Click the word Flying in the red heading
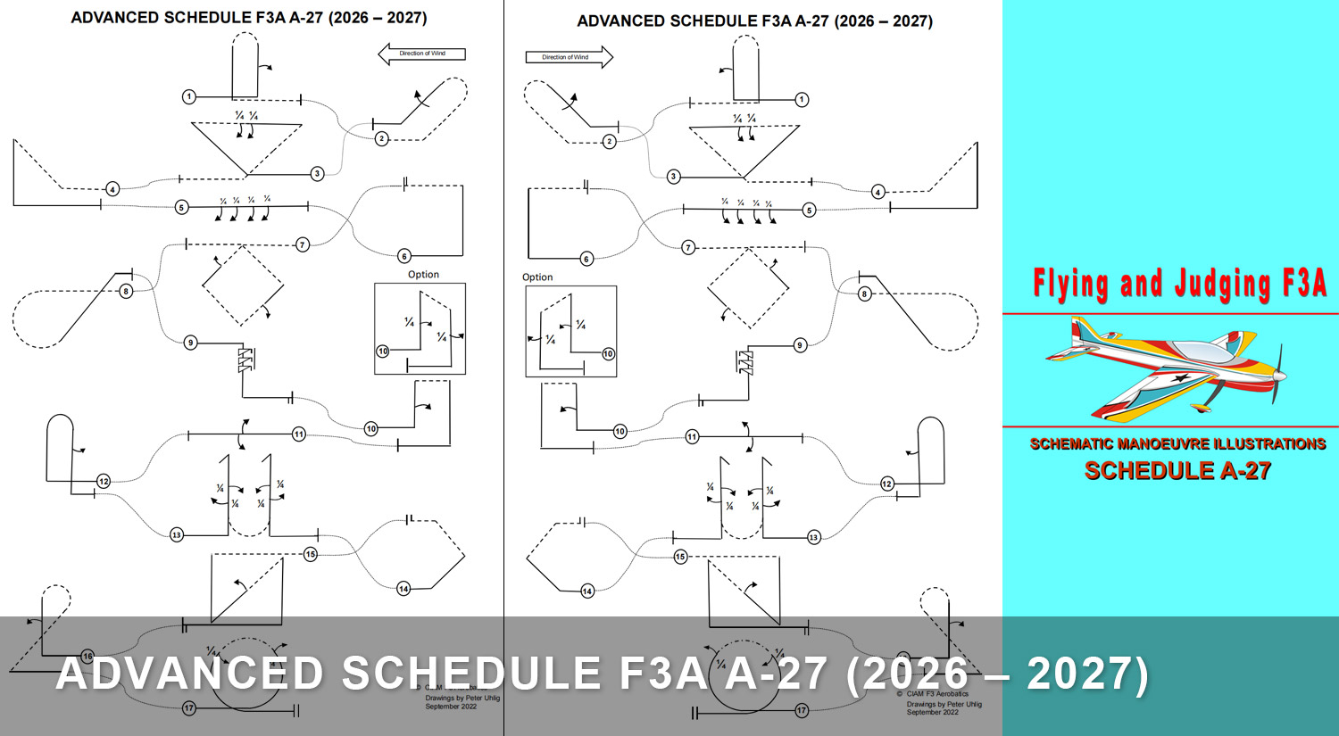[1071, 284]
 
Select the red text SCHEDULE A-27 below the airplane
[1177, 470]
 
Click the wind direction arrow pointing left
[421, 54]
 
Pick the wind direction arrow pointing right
[569, 57]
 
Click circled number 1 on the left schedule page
[189, 96]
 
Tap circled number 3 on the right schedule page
[674, 177]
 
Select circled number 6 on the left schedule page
[404, 256]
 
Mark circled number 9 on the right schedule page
[800, 345]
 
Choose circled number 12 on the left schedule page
[104, 482]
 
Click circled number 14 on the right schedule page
[587, 591]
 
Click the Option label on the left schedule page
[423, 275]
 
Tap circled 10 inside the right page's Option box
[608, 354]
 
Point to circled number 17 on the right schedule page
[802, 711]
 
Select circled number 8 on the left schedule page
[126, 292]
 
